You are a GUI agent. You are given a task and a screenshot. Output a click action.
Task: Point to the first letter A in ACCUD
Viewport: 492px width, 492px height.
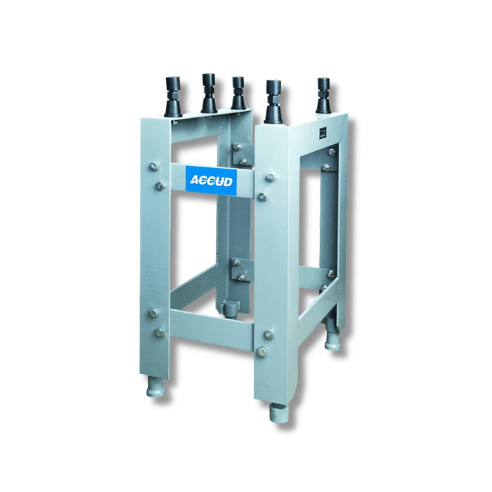click(x=195, y=181)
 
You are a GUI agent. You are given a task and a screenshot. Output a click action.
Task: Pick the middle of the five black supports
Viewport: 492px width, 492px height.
click(x=238, y=95)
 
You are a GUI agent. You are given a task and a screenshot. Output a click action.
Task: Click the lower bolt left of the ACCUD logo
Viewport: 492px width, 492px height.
click(x=160, y=186)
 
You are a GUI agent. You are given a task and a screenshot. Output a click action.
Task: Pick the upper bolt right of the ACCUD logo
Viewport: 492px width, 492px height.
click(x=269, y=178)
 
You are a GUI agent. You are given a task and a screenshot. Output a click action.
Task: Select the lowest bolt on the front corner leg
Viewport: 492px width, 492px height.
click(x=261, y=351)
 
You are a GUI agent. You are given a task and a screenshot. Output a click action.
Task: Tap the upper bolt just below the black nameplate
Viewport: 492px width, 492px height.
click(x=331, y=152)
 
